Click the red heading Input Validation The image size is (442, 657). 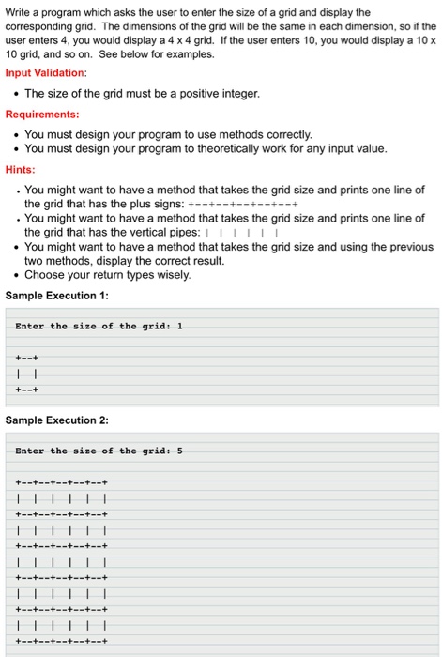(x=46, y=72)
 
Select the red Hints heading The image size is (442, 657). (x=21, y=169)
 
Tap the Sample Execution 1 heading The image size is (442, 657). (x=57, y=295)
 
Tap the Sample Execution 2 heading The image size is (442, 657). (x=57, y=420)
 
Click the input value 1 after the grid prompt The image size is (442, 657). (x=179, y=326)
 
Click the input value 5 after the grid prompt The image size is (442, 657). (x=179, y=451)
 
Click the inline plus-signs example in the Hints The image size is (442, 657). (x=243, y=204)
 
